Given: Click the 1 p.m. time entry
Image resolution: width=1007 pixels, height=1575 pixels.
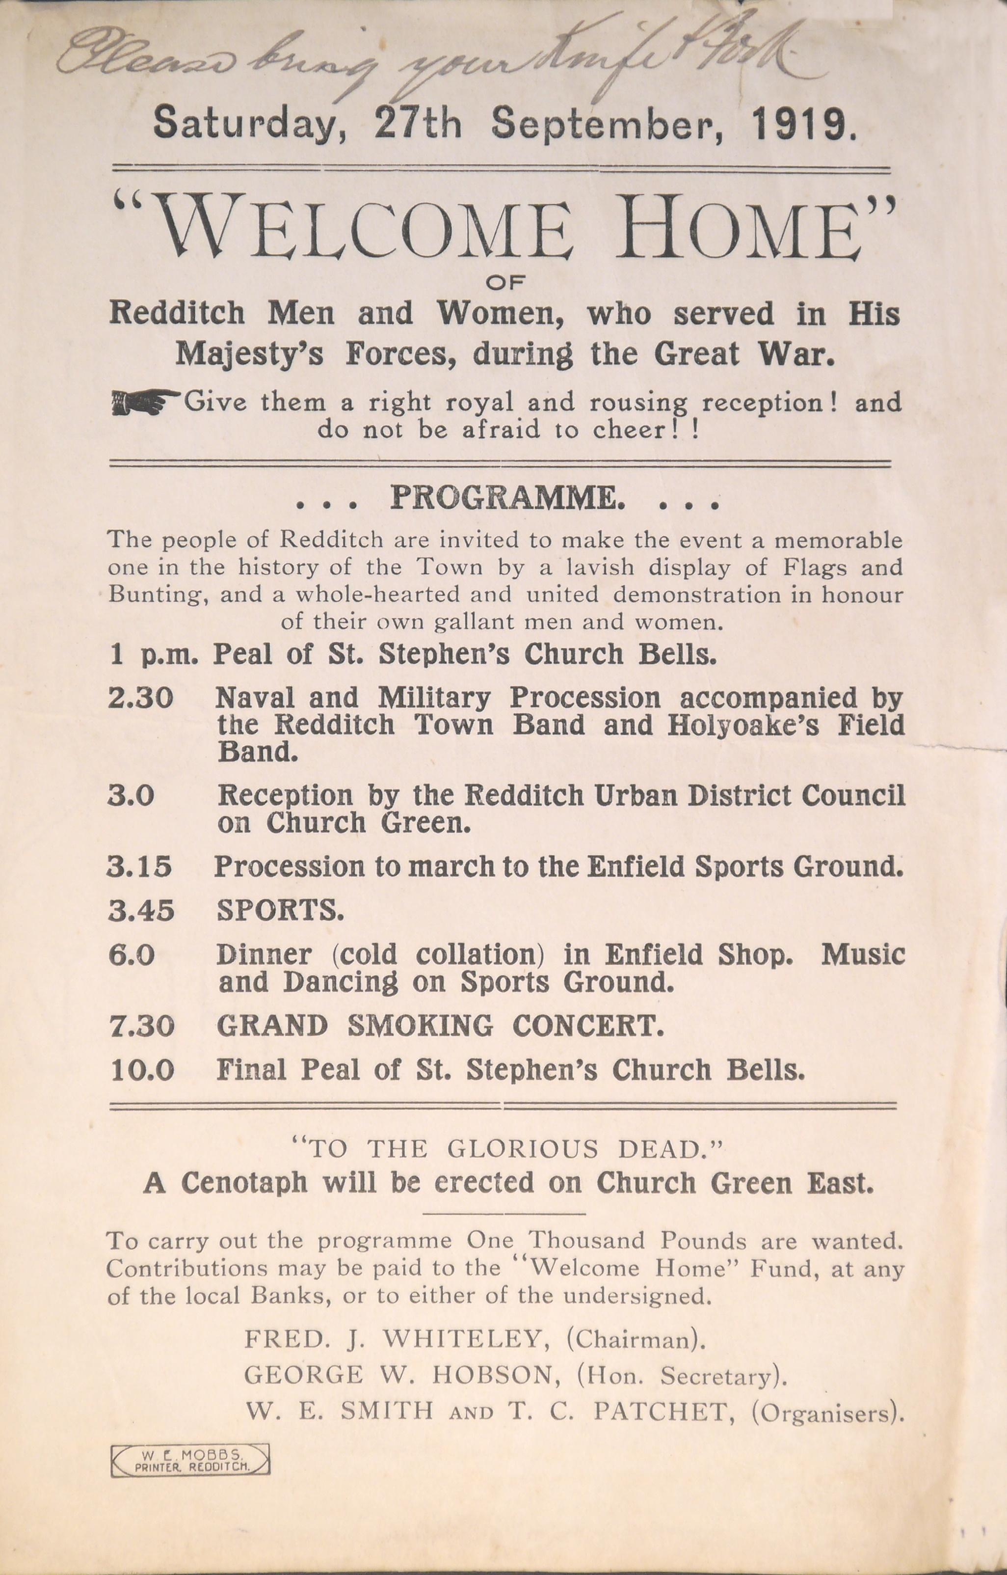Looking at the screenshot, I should click(154, 655).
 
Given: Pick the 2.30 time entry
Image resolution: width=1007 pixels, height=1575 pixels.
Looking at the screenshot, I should click(140, 699).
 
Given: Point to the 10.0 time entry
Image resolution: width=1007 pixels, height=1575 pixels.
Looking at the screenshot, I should click(142, 1070).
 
